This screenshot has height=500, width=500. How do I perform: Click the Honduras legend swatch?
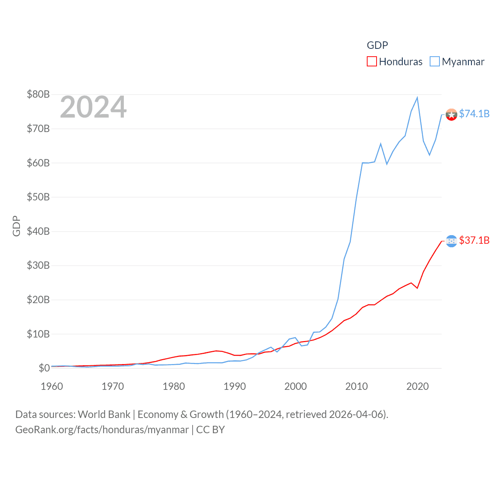tap(372, 62)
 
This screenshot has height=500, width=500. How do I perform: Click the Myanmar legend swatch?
tap(435, 62)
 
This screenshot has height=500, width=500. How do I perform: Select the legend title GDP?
tap(377, 45)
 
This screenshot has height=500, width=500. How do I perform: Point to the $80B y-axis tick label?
tap(38, 94)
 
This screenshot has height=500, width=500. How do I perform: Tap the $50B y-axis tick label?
tap(38, 197)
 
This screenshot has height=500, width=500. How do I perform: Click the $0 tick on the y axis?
tap(44, 368)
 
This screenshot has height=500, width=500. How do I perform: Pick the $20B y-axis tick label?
tap(38, 300)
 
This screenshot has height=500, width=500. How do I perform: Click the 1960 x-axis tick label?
tap(52, 386)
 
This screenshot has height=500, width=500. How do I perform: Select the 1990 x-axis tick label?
tap(235, 386)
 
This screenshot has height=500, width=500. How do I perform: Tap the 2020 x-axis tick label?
tap(418, 386)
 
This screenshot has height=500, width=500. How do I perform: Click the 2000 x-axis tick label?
tap(296, 386)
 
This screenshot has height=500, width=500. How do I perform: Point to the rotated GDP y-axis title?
tap(16, 226)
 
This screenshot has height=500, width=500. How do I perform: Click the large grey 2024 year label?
tap(93, 107)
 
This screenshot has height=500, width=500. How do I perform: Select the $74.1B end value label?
tap(474, 114)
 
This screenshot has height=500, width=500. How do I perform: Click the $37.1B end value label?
tap(474, 240)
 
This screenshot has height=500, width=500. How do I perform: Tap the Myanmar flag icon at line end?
tap(452, 114)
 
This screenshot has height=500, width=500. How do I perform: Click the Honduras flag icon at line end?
tap(452, 241)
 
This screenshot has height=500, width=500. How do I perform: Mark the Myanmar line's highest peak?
tap(418, 98)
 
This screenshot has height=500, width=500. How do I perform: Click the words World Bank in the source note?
tap(104, 414)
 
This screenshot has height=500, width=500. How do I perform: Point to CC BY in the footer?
tap(211, 430)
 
